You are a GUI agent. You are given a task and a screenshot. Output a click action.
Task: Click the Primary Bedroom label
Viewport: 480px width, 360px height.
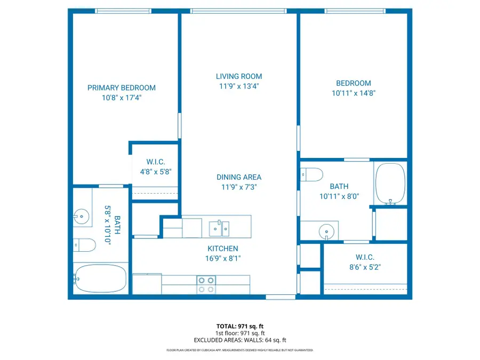(122, 88)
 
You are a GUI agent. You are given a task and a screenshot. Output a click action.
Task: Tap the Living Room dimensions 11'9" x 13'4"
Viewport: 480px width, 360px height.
(238, 86)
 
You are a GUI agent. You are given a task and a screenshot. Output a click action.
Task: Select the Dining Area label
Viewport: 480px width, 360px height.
(238, 177)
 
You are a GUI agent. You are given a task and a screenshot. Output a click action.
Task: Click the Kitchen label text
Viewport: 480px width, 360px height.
(223, 249)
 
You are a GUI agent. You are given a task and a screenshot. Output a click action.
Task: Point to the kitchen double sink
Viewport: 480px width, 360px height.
(219, 228)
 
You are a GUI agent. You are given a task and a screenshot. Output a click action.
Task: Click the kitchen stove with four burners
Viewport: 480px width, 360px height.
(206, 284)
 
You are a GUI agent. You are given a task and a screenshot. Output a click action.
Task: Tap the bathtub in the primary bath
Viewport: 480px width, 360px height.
(100, 278)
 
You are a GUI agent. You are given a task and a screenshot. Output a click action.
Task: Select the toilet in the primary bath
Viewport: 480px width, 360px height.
(83, 245)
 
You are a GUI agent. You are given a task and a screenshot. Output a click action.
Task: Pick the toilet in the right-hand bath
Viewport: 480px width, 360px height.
(313, 174)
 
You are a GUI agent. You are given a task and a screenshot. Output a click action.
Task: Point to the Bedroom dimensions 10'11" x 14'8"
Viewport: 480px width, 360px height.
(353, 93)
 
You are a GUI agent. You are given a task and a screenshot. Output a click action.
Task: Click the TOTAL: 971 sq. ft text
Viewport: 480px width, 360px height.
(239, 326)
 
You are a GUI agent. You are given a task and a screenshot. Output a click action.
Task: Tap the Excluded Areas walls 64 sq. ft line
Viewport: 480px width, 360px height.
(239, 340)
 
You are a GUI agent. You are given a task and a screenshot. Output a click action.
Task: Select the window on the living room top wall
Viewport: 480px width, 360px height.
(238, 11)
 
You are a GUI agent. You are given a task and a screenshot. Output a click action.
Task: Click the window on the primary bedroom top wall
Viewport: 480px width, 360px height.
(123, 11)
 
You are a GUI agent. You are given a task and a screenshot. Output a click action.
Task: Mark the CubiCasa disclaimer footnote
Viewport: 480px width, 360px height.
(239, 350)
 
